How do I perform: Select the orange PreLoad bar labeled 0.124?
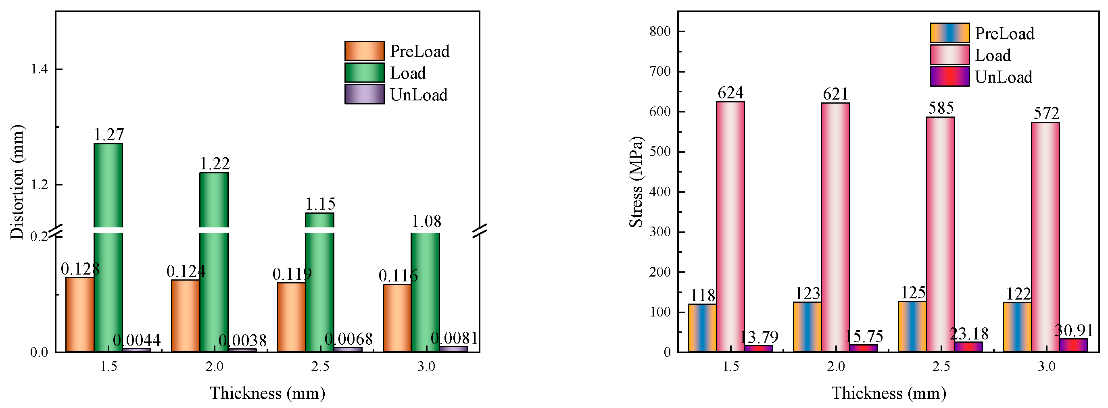coord(186,316)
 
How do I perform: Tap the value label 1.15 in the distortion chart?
coord(320,204)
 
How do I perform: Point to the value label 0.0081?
coord(454,339)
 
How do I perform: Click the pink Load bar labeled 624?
coord(730,227)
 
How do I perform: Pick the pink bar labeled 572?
coord(1045,237)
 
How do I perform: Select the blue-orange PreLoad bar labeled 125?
coord(912,326)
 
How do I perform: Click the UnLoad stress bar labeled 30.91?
coord(1073,345)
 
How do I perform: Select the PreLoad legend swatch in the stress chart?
coord(950,33)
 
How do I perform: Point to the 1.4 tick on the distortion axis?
coord(39,69)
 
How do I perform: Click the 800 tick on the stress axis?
coord(660,31)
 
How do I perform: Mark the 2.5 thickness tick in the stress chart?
coord(941,367)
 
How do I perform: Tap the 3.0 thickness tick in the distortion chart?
coord(426,367)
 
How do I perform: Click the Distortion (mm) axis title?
coord(17,182)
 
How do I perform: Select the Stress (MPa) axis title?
coord(636,182)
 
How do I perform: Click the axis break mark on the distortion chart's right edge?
coord(480,231)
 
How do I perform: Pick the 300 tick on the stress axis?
coord(660,232)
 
